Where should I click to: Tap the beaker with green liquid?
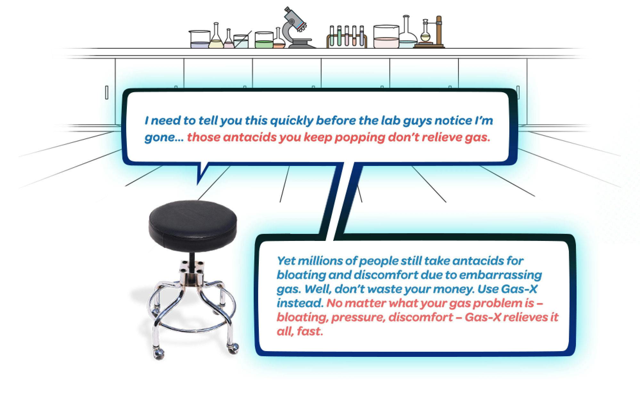pyautogui.click(x=264, y=40)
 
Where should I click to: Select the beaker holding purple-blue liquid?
pyautogui.click(x=200, y=40)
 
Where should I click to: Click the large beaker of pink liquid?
pyautogui.click(x=386, y=37)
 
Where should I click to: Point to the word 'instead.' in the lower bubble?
pyautogui.click(x=300, y=303)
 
